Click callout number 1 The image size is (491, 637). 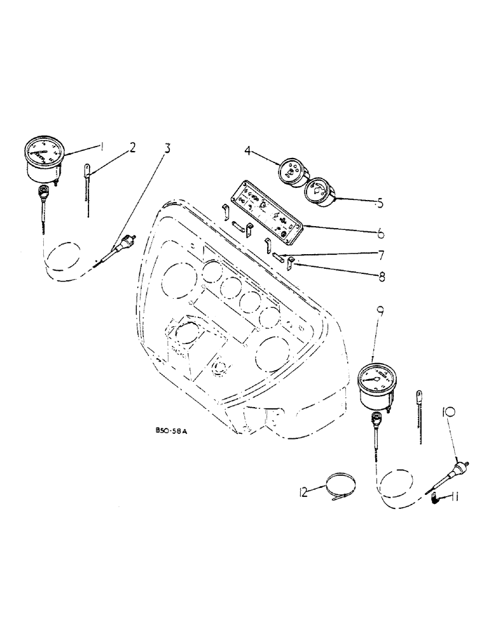click(102, 147)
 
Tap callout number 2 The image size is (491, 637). click(132, 148)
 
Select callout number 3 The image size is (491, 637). click(167, 149)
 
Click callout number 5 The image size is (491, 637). click(380, 204)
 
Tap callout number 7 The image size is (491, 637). click(381, 255)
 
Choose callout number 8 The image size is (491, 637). click(381, 277)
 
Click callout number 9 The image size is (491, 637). click(380, 311)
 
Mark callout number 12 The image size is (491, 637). click(304, 491)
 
